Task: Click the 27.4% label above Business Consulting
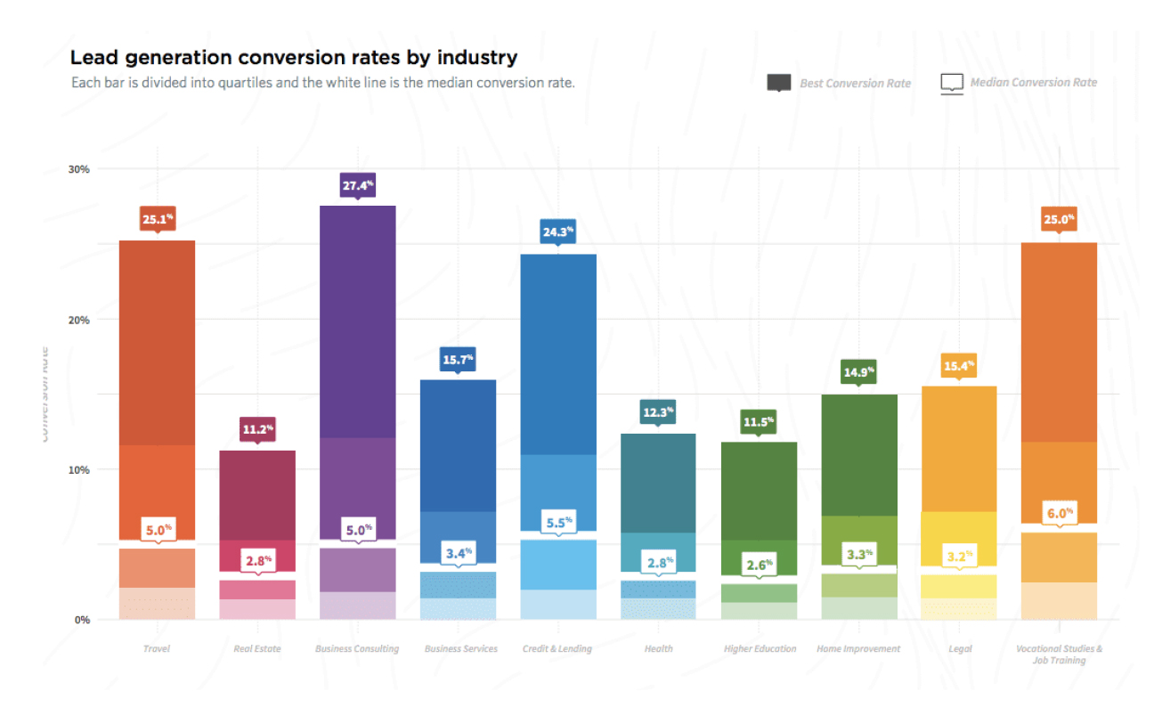[357, 186]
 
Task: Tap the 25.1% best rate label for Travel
[157, 219]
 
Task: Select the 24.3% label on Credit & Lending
[557, 233]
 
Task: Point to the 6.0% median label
[1059, 514]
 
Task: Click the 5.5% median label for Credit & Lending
[557, 522]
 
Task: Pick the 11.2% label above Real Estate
[257, 430]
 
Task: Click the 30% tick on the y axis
[79, 169]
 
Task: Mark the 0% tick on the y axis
[82, 620]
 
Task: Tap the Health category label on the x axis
[658, 649]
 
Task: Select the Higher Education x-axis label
[759, 649]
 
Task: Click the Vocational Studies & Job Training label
[1059, 655]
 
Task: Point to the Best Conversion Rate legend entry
[839, 83]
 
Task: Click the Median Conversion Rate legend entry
[1019, 83]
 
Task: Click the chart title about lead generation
[294, 58]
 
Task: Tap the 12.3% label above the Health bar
[658, 413]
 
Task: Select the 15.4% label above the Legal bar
[959, 366]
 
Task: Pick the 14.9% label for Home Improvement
[858, 372]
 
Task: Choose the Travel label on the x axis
[157, 649]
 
